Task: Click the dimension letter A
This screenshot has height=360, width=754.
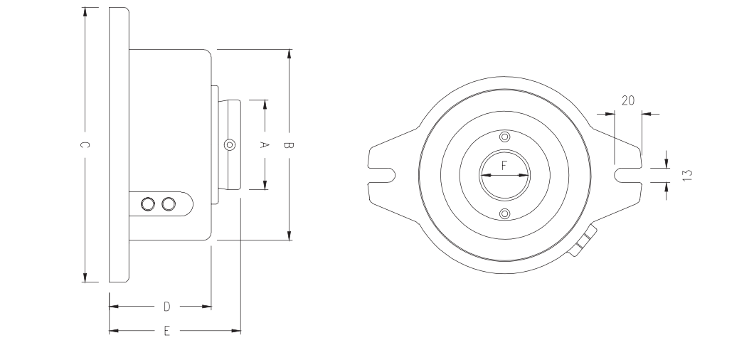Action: click(x=264, y=144)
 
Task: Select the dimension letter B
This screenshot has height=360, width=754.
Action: click(x=289, y=145)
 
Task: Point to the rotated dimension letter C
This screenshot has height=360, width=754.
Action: click(x=85, y=145)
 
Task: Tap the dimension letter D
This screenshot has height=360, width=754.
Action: click(x=167, y=307)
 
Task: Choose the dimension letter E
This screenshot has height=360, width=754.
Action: click(x=167, y=331)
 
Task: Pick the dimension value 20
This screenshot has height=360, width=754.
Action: click(x=627, y=100)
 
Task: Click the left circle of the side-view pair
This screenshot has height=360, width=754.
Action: click(x=148, y=204)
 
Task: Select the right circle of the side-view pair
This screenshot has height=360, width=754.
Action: click(x=169, y=204)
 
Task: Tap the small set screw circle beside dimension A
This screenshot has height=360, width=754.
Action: click(x=228, y=145)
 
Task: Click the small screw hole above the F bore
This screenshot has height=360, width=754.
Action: click(x=504, y=136)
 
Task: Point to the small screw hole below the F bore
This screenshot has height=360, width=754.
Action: click(x=504, y=214)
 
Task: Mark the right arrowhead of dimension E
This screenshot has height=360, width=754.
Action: click(x=237, y=331)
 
